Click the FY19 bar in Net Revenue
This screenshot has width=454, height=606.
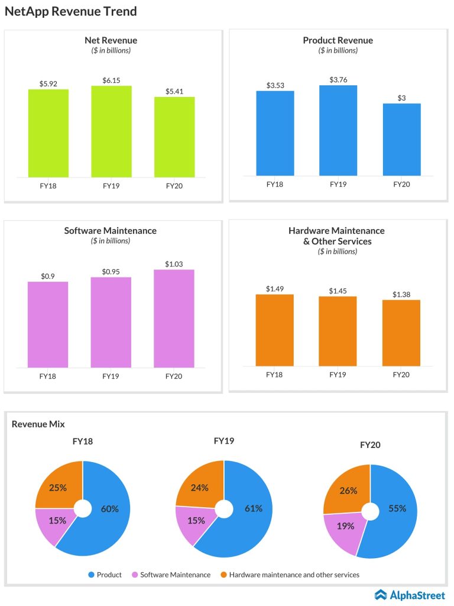click(x=111, y=131)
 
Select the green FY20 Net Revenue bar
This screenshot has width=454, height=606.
click(x=174, y=137)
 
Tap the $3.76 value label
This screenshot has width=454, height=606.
click(x=338, y=79)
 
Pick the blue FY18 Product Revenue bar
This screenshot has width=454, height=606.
click(x=275, y=133)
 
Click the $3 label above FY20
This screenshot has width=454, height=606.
click(x=401, y=98)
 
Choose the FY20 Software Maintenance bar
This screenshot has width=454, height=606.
click(x=174, y=318)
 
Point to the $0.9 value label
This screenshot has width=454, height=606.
click(x=48, y=276)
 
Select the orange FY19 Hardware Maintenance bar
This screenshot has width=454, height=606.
click(x=338, y=331)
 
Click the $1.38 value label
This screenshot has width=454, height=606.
click(x=401, y=294)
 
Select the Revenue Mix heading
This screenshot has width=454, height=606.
click(x=38, y=424)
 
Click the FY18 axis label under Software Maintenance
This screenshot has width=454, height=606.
click(x=48, y=376)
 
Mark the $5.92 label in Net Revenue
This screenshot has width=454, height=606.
click(x=48, y=83)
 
